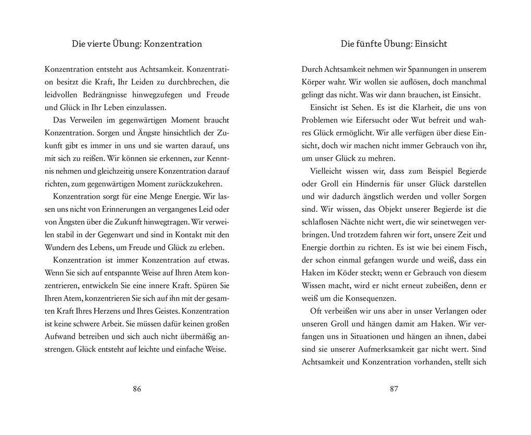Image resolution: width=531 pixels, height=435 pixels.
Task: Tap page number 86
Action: (x=137, y=389)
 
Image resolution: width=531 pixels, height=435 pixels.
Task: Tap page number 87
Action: (x=394, y=389)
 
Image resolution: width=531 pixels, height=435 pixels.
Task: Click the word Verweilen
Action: (x=85, y=120)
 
